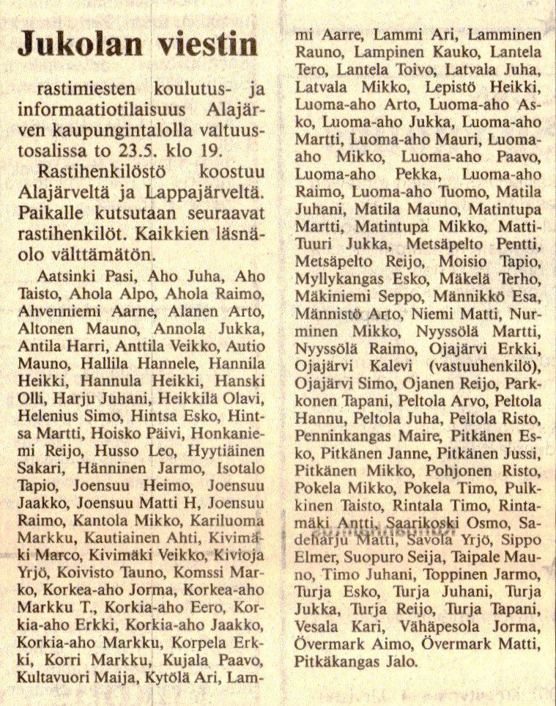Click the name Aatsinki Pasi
coord(86,277)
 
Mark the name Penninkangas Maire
coord(357,435)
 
